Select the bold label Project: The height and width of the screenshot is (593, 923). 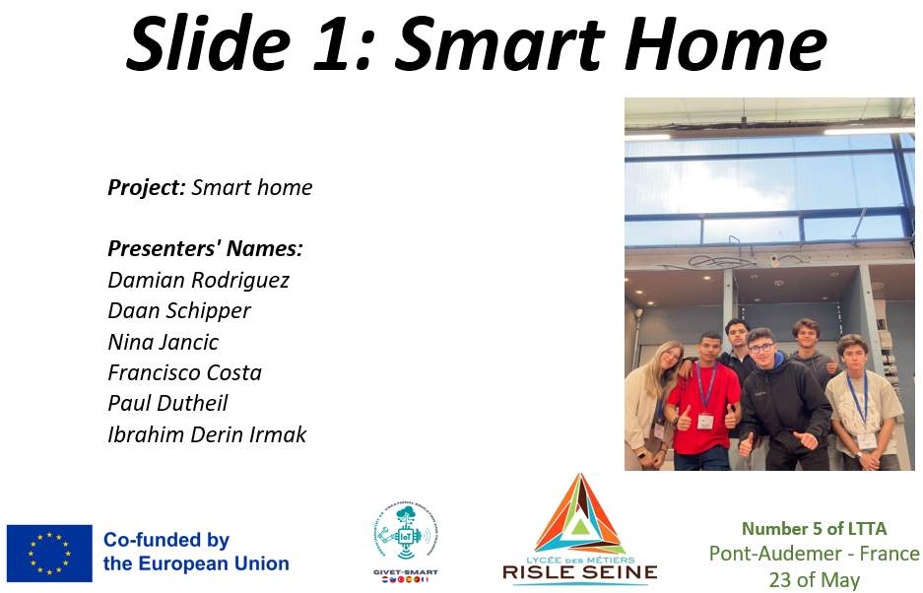tap(147, 188)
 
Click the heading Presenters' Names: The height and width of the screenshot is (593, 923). tap(205, 248)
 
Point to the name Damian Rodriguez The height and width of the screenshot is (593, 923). tap(198, 281)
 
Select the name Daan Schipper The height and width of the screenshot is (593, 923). tap(179, 311)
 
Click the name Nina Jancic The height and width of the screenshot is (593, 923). tap(164, 342)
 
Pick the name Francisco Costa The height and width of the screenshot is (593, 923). tap(184, 372)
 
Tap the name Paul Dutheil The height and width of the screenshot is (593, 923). tap(167, 404)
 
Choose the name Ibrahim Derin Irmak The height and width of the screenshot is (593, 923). tap(207, 434)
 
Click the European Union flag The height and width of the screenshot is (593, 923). tap(49, 554)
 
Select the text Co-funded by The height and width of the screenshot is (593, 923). tap(166, 541)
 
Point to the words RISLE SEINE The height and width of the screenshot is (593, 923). tap(580, 571)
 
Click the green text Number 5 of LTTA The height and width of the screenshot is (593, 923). tap(814, 529)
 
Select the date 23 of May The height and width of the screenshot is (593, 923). tap(814, 579)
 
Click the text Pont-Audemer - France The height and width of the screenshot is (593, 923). tap(814, 554)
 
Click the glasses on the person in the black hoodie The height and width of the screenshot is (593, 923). tap(761, 348)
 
